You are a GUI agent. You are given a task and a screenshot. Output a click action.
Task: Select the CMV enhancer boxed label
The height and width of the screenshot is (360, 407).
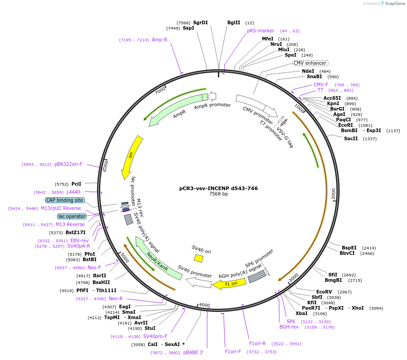tap(310, 63)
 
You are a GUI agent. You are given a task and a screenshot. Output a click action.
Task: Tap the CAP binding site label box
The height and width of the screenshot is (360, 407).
tap(64, 200)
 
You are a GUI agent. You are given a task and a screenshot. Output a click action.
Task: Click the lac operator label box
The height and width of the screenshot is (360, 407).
tap(72, 216)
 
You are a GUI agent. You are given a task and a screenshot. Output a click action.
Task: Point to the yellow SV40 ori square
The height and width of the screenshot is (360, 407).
tap(199, 258)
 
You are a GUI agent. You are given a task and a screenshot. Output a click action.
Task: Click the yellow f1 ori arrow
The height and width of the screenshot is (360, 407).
tap(229, 283)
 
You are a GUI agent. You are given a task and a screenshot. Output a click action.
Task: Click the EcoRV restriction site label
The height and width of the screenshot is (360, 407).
tap(324, 292)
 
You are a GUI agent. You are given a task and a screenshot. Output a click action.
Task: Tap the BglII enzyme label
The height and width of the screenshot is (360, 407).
tap(234, 22)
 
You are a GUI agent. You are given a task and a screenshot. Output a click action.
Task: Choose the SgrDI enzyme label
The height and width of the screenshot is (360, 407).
tap(200, 22)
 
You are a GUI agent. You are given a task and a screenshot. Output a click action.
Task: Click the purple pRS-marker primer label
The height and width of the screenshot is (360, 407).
tap(261, 31)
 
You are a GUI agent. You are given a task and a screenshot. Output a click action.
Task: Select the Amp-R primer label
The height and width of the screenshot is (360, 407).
tap(159, 40)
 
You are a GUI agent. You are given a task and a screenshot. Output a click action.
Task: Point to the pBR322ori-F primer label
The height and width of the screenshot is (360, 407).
tap(68, 164)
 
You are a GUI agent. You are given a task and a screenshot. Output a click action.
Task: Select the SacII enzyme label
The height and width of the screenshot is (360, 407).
tap(351, 138)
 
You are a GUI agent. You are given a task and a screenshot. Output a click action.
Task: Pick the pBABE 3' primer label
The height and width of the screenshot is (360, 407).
tap(194, 353)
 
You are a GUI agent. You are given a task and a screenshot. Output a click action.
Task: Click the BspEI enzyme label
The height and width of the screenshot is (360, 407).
tap(349, 248)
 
